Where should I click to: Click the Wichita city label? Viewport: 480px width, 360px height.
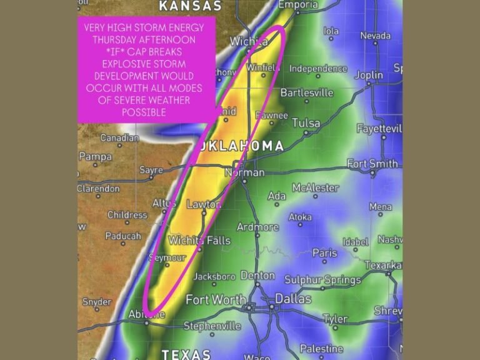(x=249, y=42)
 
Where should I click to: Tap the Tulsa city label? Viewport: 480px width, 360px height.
(x=306, y=123)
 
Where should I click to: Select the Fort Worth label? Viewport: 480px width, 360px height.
(x=215, y=299)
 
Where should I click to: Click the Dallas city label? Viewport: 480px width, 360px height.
(x=292, y=299)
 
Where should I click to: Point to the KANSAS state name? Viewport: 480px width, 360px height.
(x=190, y=6)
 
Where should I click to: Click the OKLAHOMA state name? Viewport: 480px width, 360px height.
(x=242, y=146)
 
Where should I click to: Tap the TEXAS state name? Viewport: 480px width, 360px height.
(x=186, y=354)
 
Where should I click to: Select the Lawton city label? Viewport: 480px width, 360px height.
(x=204, y=204)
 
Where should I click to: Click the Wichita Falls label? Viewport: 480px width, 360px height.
(x=199, y=241)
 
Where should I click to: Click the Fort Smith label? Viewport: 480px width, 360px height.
(x=372, y=164)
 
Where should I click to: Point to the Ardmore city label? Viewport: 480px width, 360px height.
(x=257, y=227)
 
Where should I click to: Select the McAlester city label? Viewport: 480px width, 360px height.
(x=316, y=187)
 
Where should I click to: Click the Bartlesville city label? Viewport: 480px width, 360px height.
(x=307, y=92)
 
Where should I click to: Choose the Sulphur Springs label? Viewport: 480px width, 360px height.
(x=322, y=280)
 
